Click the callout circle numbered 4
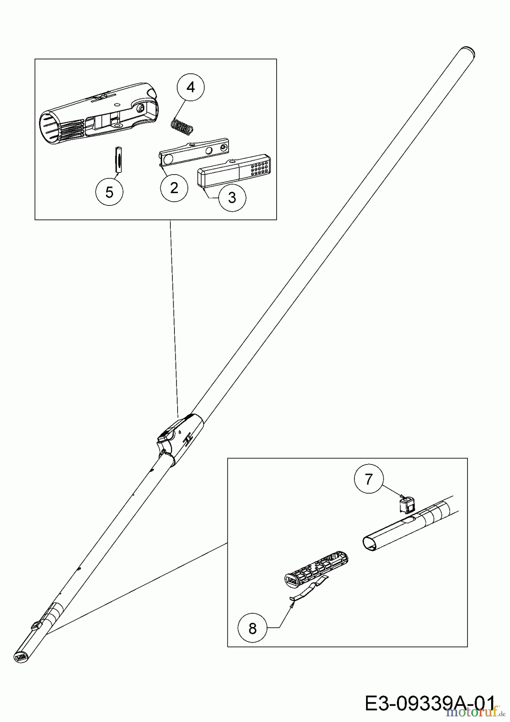[191, 87]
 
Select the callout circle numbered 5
[109, 193]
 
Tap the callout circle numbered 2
[174, 188]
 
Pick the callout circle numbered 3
[232, 197]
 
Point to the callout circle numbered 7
[369, 479]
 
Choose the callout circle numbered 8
[252, 628]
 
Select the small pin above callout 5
[118, 160]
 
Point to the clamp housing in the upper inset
[98, 110]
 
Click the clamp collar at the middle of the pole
[180, 439]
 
